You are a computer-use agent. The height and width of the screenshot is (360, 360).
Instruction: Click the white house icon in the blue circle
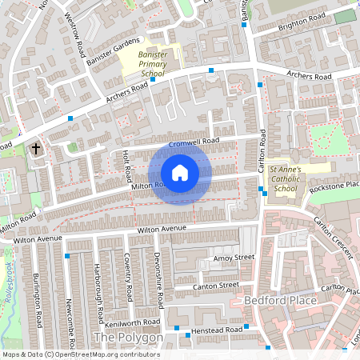(180, 172)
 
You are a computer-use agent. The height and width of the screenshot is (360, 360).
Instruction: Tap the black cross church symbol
(35, 149)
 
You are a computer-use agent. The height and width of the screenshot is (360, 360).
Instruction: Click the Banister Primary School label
(153, 64)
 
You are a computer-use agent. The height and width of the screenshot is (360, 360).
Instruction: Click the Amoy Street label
(233, 258)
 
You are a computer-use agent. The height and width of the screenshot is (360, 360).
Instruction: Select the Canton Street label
(217, 285)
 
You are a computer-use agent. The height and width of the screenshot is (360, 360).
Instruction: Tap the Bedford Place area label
(279, 300)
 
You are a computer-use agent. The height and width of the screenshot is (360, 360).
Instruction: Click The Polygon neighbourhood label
(128, 338)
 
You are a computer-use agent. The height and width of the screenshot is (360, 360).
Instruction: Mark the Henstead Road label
(218, 330)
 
